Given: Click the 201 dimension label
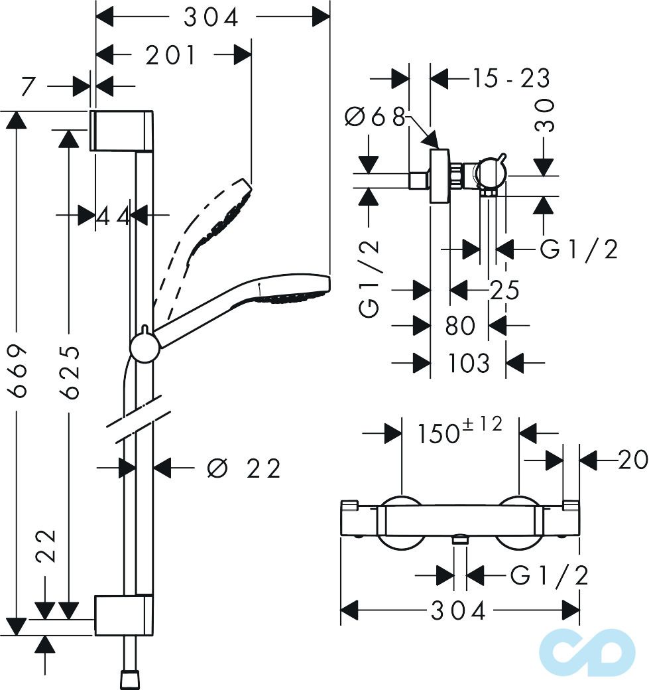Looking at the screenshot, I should (x=171, y=56).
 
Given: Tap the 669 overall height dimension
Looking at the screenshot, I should (x=19, y=370).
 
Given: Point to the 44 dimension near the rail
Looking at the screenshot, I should (x=113, y=216).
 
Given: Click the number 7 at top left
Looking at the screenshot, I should (x=27, y=86).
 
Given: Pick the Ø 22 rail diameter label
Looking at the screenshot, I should (x=244, y=468).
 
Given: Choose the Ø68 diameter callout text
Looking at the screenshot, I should (x=374, y=117).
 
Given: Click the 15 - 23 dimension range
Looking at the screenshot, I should (x=510, y=79).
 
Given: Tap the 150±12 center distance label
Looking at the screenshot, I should (x=460, y=433).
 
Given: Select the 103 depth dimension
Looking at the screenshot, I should (x=468, y=364).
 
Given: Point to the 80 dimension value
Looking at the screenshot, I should (x=460, y=326).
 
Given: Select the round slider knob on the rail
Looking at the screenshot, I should (x=143, y=347).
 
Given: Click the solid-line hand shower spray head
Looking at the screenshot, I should (x=292, y=291).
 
